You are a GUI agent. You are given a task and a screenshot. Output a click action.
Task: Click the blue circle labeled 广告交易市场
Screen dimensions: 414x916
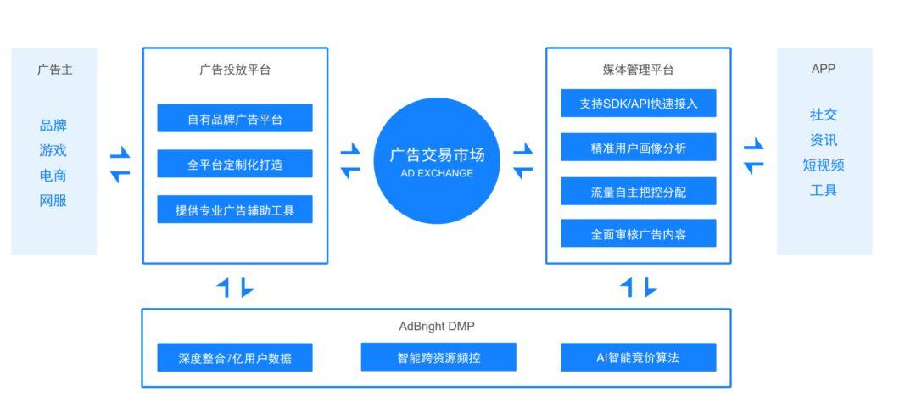(x=436, y=160)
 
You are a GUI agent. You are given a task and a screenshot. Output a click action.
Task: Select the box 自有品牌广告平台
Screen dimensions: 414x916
(x=235, y=119)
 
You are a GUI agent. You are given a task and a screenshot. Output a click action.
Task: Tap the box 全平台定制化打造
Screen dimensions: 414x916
(x=235, y=165)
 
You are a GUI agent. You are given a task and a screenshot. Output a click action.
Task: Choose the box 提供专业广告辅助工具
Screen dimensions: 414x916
(x=235, y=210)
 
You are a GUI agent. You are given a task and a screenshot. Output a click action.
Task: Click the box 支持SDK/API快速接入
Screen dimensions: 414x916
(x=638, y=103)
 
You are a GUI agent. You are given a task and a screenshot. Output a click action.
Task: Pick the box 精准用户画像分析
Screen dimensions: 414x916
(x=638, y=148)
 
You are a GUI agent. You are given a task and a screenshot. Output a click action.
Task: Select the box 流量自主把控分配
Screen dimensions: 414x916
(x=638, y=192)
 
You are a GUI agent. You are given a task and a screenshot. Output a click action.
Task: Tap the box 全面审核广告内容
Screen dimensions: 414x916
(x=638, y=234)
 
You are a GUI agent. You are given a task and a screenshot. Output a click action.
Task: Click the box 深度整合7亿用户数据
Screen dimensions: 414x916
(x=235, y=357)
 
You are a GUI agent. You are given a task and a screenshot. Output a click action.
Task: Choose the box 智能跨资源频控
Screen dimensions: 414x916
(x=438, y=357)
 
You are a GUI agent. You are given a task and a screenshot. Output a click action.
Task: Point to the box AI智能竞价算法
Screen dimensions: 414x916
(x=638, y=357)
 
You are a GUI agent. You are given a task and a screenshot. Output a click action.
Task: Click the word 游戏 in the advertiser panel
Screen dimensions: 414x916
(x=53, y=150)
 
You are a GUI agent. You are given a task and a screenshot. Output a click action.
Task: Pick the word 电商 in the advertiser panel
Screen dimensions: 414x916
(x=53, y=176)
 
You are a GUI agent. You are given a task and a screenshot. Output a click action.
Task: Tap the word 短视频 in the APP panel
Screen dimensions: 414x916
(x=824, y=165)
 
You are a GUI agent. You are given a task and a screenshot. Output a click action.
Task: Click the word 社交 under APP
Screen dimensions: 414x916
(x=824, y=115)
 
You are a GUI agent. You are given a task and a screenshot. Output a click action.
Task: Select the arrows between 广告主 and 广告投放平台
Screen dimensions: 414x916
(x=120, y=164)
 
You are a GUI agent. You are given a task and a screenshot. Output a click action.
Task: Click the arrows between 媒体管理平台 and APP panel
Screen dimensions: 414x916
(x=753, y=156)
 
